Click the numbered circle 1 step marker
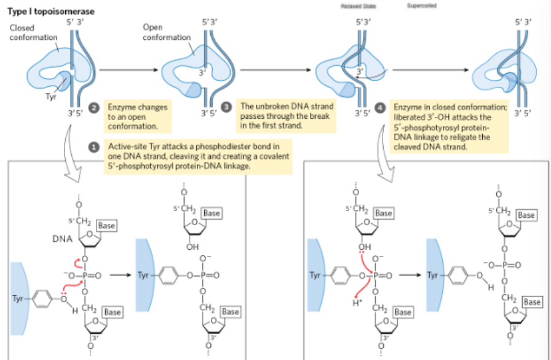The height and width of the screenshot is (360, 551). click(x=93, y=148)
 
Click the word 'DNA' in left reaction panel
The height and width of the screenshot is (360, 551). click(x=62, y=238)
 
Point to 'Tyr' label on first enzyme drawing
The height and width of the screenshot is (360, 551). click(x=50, y=96)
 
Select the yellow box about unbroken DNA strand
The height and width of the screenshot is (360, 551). click(x=287, y=116)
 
